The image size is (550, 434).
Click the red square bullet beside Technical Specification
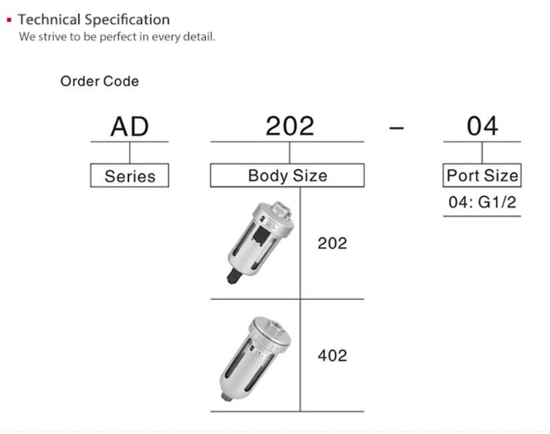9,20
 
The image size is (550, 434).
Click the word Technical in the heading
49,19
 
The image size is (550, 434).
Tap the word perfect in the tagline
118,37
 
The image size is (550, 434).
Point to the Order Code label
100,81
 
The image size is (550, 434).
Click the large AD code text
130,127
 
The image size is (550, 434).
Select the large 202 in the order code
290,126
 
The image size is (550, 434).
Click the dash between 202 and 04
396,128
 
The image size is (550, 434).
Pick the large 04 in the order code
483,126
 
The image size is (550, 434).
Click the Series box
130,176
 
